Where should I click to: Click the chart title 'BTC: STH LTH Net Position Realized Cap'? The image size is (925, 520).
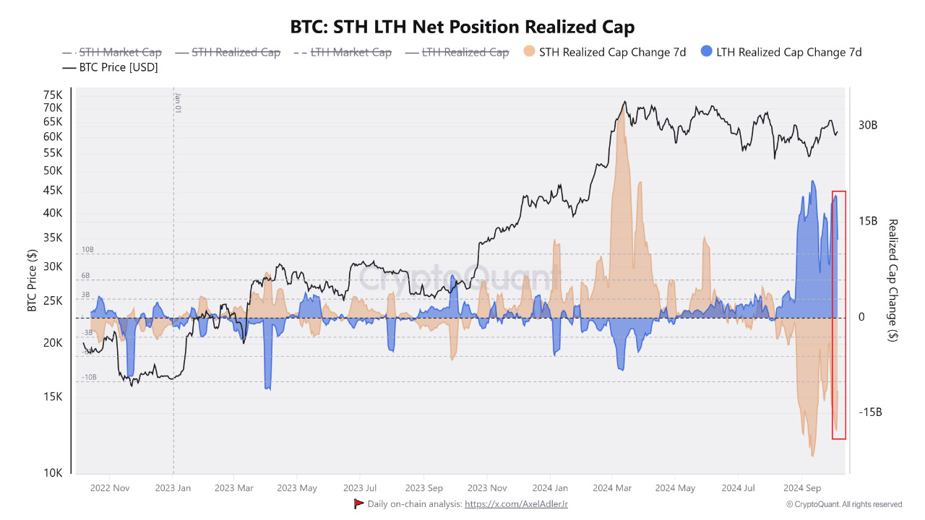[462, 27]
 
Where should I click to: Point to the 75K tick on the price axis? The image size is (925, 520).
[53, 95]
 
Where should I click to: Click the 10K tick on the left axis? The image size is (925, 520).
[53, 473]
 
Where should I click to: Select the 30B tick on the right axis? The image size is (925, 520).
[867, 125]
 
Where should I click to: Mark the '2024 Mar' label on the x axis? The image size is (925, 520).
[612, 488]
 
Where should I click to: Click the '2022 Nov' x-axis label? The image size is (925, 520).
[110, 488]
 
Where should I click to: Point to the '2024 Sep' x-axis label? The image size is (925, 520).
[802, 488]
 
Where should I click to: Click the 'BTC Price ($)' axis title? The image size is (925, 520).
[32, 280]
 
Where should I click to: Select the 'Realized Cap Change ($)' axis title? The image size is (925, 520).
[892, 280]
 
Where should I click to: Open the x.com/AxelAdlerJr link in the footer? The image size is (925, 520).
[515, 504]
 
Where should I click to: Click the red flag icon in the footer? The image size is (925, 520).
[358, 503]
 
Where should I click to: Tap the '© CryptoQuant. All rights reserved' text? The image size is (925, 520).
[843, 504]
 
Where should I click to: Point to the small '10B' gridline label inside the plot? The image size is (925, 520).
[87, 249]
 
